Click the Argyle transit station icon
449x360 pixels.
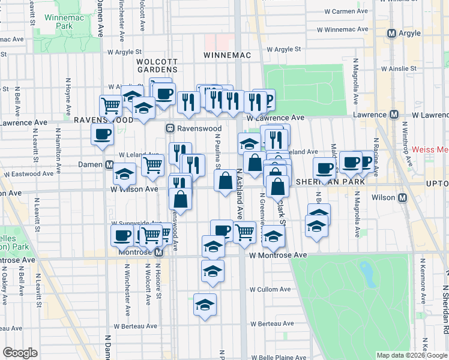coord(391,34)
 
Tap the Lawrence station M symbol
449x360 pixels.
coord(394,114)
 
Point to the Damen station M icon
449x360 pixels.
coord(109,164)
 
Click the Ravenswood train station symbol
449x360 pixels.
coord(170,128)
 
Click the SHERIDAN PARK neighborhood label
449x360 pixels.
coord(326,182)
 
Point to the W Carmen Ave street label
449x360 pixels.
coord(346,11)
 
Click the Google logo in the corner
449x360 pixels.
coord(20,353)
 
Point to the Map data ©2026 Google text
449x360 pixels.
coord(412,355)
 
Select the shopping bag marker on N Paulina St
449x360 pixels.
coord(225,180)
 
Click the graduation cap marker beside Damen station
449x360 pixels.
coord(124,175)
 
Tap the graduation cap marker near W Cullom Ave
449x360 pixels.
coord(205,304)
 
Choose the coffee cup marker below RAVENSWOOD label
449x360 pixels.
coord(102,134)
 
